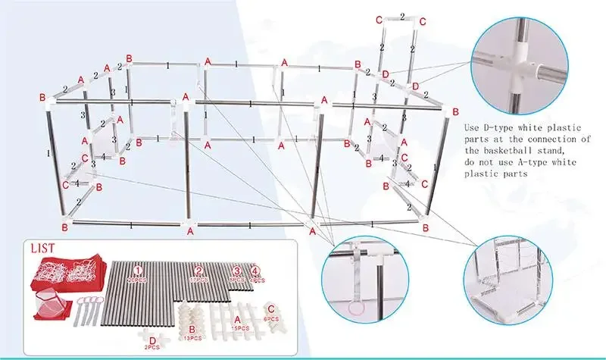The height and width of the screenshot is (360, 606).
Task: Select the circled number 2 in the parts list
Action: click(198, 270)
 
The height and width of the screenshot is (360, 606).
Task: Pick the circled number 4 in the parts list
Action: click(256, 270)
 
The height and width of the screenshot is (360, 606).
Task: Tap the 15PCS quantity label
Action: click(240, 327)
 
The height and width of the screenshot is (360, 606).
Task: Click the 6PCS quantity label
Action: click(270, 320)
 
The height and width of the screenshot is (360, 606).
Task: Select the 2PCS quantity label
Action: click(153, 349)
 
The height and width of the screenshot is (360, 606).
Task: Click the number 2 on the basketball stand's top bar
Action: click(401, 15)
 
